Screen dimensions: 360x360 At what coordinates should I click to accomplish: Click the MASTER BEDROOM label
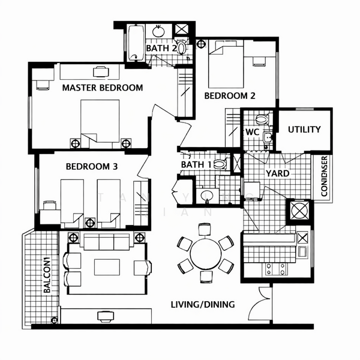click(x=103, y=88)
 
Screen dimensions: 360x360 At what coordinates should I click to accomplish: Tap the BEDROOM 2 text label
click(x=230, y=95)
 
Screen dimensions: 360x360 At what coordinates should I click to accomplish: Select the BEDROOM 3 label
click(x=91, y=166)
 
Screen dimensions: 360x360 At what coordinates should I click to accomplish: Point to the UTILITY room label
click(x=304, y=129)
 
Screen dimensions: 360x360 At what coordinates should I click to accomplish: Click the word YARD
click(x=277, y=173)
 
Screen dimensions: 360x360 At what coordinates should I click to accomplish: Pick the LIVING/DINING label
click(x=202, y=304)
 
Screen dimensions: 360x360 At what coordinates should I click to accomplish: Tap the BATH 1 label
click(x=196, y=164)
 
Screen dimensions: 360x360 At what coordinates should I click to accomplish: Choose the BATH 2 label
click(x=161, y=47)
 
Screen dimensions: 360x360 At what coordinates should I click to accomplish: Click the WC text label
click(x=252, y=132)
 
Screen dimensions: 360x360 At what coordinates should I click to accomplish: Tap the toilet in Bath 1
click(x=220, y=163)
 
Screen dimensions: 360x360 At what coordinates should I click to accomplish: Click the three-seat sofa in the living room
click(x=106, y=242)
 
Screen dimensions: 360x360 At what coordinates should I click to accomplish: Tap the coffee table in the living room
click(x=106, y=266)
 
